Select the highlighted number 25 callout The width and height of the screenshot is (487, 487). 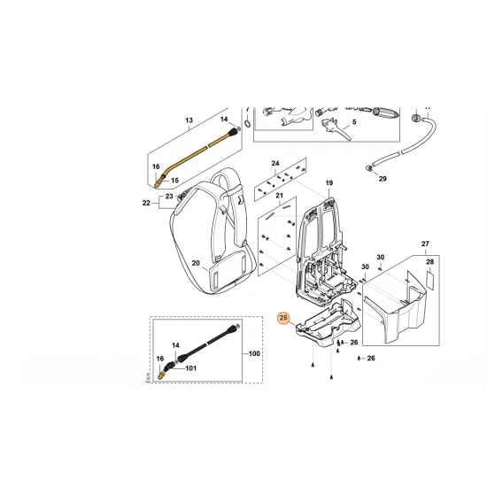[284, 318]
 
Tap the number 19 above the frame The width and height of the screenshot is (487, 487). [328, 184]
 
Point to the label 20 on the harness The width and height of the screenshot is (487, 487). [196, 263]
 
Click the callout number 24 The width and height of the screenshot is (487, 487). [275, 164]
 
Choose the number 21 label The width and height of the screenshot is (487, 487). [279, 197]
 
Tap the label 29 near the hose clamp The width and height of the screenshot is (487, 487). [383, 179]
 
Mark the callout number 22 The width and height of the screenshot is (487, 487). [147, 204]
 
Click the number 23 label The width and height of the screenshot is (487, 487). [170, 196]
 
